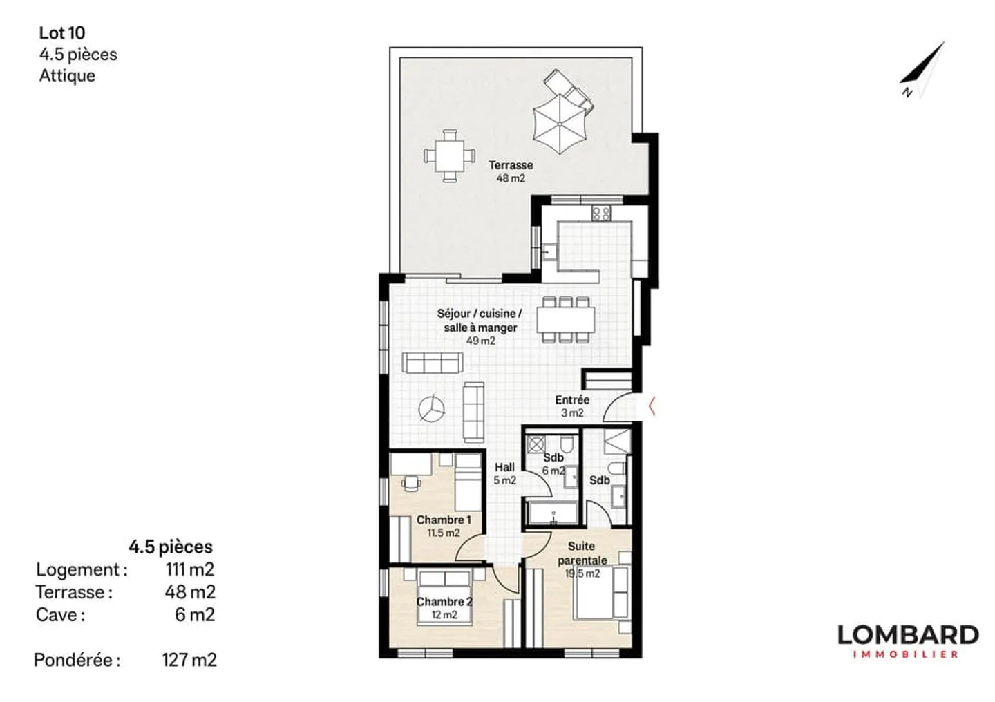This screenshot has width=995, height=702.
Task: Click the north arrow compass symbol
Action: pos(924,70)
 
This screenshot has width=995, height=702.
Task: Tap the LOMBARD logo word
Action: pos(907,634)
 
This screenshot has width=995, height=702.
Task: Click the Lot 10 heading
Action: pos(62,32)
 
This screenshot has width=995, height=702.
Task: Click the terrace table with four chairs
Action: pos(450,156)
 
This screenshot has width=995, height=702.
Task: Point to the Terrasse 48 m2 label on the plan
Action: pos(511,171)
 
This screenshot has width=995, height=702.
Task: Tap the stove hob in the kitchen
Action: pos(600,213)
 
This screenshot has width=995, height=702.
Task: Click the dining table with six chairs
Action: pos(566,319)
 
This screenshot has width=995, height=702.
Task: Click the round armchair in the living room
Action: pos(432,408)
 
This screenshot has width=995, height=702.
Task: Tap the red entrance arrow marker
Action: pos(652,406)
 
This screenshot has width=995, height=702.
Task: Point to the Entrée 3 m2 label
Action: pos(572,406)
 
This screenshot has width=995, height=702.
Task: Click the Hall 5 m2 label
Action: pos(504,473)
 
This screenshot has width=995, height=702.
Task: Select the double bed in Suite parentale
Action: pos(601,591)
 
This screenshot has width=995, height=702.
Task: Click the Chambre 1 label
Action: pos(444,520)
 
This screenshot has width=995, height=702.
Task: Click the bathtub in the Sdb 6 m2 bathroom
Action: pos(552,513)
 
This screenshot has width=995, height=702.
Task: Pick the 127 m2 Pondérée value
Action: pos(189,660)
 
